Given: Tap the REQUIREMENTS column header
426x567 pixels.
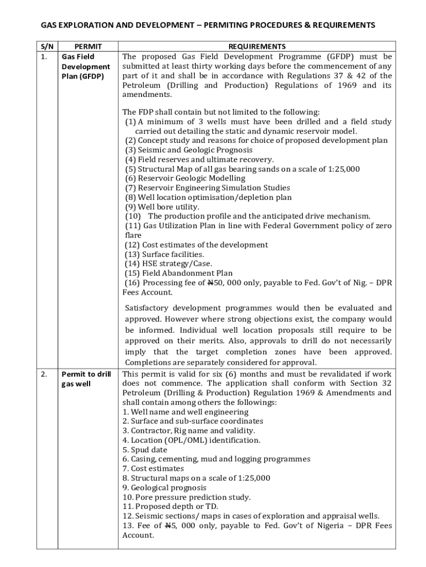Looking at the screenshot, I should (257, 47).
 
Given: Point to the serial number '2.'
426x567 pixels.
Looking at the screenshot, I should (44, 374).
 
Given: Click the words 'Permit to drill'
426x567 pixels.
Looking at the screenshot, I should (86, 374).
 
